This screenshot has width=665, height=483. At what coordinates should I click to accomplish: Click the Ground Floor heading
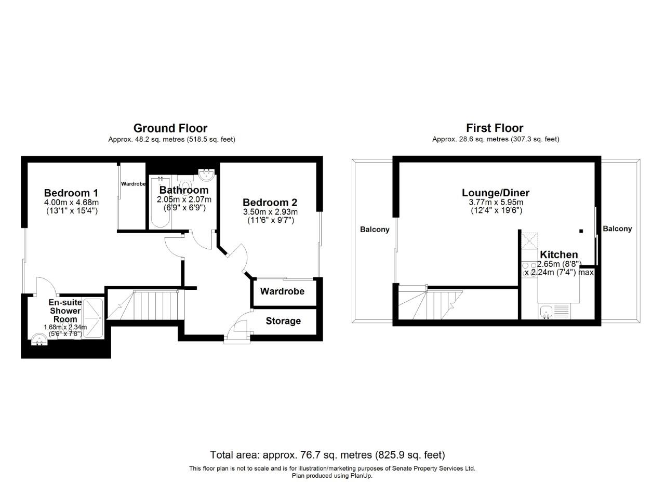point(170,128)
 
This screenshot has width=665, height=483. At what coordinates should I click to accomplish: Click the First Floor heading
point(495,128)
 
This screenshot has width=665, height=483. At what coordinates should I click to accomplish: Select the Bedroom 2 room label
point(270,203)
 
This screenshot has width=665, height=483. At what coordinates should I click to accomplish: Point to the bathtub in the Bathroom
point(159,203)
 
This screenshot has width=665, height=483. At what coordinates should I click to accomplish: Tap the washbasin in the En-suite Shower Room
point(38,340)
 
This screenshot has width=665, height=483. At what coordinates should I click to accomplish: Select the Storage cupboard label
point(283,321)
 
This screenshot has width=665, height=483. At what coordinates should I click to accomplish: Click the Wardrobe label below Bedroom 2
point(282,291)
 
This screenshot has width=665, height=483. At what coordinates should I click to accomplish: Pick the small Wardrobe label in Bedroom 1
point(133,184)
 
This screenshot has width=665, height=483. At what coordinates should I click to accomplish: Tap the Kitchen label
point(559,254)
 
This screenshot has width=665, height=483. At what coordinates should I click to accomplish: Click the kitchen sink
point(547,312)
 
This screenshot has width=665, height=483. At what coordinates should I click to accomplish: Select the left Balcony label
point(374,230)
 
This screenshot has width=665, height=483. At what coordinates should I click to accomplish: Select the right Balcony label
point(617,229)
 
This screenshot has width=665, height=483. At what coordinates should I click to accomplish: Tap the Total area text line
point(327,455)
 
